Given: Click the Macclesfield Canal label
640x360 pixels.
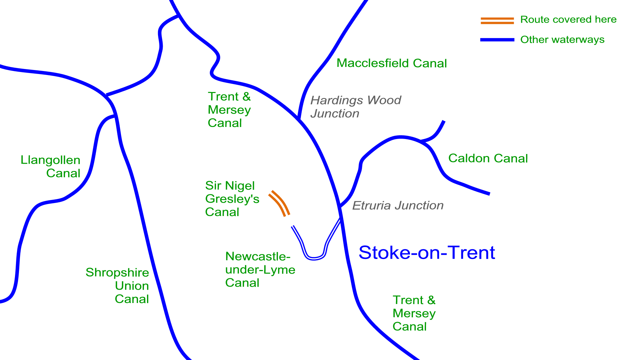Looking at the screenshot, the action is (392, 63).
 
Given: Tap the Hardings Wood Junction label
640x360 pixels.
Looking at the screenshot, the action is (356, 107).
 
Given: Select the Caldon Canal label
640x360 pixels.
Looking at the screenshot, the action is (488, 158).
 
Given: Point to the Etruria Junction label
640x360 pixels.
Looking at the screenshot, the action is (398, 205).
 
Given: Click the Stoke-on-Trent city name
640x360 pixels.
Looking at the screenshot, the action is (427, 252).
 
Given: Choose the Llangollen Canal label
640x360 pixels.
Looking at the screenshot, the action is (50, 166).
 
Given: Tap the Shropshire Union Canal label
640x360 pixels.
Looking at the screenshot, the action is (117, 286).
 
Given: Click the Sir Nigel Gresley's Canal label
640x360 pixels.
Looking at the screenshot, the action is (232, 199).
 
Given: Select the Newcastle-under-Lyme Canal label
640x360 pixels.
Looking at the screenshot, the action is (260, 269).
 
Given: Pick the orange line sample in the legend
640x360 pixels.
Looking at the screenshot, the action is (497, 21).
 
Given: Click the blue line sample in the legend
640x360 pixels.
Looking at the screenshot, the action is (497, 40).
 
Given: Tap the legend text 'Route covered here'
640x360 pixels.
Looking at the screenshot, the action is (568, 19).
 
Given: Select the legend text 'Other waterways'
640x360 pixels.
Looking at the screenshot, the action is (562, 39).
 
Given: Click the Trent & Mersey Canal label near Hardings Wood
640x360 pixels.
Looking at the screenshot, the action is (229, 110).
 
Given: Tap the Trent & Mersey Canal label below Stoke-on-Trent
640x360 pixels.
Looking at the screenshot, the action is (414, 313).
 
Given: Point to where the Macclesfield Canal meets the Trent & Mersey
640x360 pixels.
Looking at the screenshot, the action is (299, 119).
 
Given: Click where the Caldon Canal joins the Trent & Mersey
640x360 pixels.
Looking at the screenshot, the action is (340, 206).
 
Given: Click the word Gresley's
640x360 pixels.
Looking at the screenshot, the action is (232, 199).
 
